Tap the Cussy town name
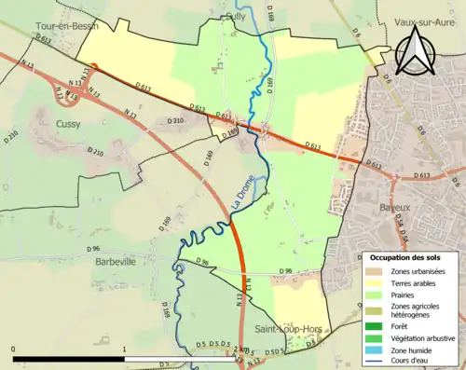(x=67, y=123)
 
